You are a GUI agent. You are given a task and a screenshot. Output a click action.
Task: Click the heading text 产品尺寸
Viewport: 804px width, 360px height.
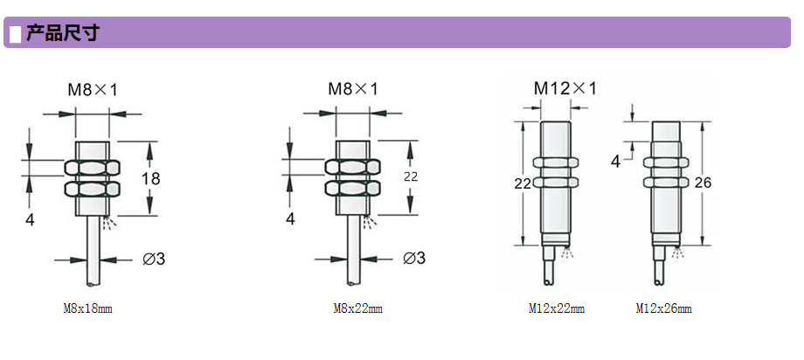click(62, 33)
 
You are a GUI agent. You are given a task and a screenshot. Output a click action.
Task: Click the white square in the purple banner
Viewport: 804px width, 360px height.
click(16, 33)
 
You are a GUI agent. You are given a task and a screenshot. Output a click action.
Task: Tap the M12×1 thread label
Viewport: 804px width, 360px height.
click(565, 89)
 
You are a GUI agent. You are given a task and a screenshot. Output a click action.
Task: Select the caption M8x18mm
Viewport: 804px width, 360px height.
click(87, 308)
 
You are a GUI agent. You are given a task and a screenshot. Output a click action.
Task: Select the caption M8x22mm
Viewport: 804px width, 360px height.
click(358, 308)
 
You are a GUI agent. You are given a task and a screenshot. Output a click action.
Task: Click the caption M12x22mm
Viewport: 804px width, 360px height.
click(557, 308)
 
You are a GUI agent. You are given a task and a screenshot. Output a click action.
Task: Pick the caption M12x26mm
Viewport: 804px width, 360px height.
click(663, 308)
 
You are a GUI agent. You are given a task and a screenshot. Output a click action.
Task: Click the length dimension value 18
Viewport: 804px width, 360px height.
click(151, 178)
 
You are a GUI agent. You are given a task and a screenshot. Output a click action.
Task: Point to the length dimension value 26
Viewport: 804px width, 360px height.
click(703, 182)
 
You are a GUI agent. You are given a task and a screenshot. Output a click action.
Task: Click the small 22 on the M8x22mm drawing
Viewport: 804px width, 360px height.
click(411, 177)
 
